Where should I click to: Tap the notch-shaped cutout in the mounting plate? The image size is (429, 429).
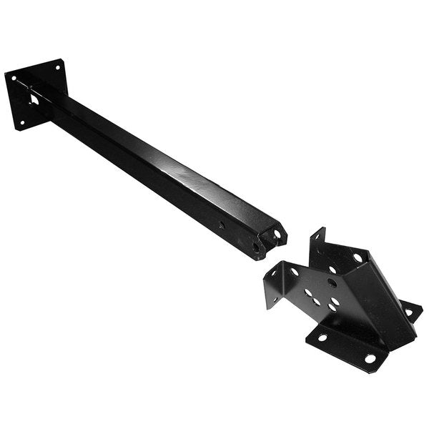click(34, 99)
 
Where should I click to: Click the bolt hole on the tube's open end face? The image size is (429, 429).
click(277, 233)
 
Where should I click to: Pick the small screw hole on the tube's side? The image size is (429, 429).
click(221, 225)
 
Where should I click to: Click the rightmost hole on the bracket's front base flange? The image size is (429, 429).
click(370, 357)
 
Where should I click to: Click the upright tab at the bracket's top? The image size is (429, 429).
click(317, 240)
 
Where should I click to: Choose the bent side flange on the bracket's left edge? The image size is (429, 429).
click(273, 283)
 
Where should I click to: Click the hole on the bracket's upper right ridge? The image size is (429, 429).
click(357, 257)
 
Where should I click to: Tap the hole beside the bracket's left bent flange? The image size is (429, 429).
click(294, 272)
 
